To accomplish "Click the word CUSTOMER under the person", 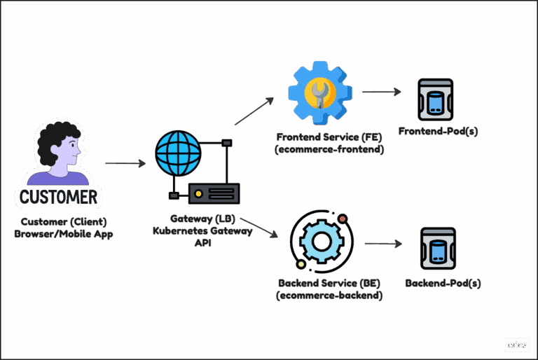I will [58, 196].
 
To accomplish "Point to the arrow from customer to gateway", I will [125, 164].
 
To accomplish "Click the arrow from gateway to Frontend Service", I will [253, 111].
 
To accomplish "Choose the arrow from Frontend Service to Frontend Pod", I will [382, 92].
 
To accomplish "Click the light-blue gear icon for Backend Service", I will [322, 241].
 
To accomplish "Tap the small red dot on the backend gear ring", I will [343, 219].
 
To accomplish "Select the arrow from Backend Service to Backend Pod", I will [382, 244].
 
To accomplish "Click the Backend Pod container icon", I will [438, 249].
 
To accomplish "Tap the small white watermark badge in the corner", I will [516, 345].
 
